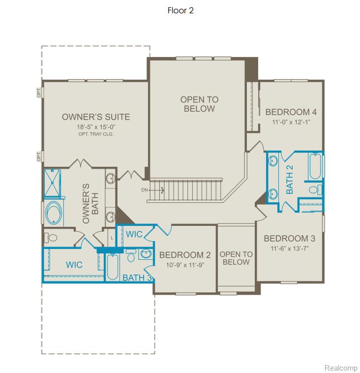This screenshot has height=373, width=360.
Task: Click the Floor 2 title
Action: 180,10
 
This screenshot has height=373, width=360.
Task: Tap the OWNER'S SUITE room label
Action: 96,117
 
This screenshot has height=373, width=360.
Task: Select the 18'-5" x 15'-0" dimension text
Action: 96,127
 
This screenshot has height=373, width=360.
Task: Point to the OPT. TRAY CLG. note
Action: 96,134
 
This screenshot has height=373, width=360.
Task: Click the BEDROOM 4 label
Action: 291,112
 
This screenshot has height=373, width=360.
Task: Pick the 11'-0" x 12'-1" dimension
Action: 291,122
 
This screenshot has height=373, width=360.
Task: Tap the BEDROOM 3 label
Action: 290,238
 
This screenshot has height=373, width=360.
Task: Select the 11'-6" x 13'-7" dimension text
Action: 290,249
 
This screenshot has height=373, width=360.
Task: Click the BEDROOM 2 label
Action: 185,255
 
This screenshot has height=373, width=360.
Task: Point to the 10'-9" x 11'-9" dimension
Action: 185,265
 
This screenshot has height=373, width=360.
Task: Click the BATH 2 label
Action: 289,180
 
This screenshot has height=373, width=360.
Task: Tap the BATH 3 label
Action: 137,278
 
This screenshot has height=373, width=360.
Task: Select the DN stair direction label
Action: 145,190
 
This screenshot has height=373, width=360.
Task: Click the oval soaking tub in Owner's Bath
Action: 54,213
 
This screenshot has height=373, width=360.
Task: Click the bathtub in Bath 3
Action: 113,267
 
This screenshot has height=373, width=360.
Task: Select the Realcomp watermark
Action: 341,368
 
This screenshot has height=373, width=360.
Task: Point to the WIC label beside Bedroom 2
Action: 134,234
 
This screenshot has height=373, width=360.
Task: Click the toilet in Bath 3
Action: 130,255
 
